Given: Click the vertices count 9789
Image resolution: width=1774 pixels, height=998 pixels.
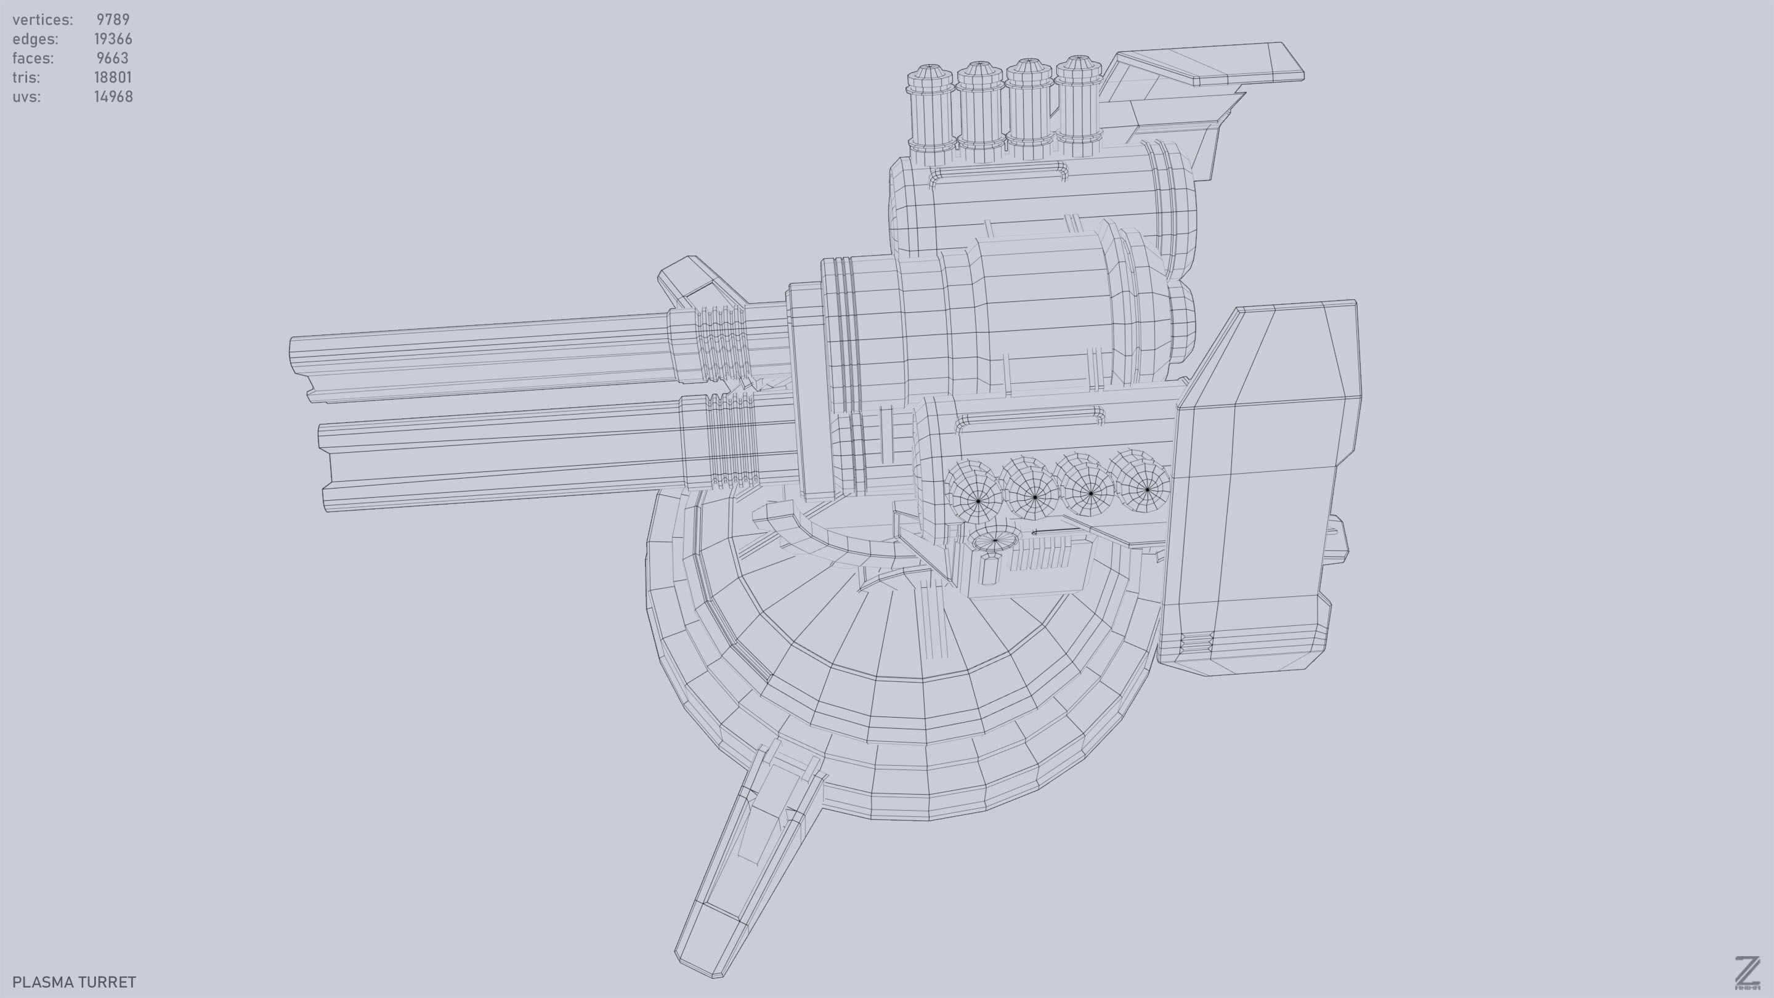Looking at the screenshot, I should [112, 19].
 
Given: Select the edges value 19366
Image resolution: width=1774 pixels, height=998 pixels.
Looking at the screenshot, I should [113, 39].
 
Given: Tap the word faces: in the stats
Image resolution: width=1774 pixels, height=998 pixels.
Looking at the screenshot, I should [33, 58].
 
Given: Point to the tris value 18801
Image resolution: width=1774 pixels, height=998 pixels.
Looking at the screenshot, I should [112, 77].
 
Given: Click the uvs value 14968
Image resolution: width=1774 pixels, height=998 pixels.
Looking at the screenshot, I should [113, 97].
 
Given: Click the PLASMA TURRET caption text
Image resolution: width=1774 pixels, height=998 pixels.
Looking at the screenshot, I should [75, 981].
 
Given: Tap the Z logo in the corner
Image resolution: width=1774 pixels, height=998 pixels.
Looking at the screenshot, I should [1746, 973].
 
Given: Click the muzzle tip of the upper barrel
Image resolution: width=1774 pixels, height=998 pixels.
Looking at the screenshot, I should [298, 365].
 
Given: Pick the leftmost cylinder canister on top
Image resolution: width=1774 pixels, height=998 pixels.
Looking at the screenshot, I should [930, 110].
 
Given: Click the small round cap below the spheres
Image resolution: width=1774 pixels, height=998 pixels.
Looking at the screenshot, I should [994, 541].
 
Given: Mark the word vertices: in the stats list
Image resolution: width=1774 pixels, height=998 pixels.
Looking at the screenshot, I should [42, 19].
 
